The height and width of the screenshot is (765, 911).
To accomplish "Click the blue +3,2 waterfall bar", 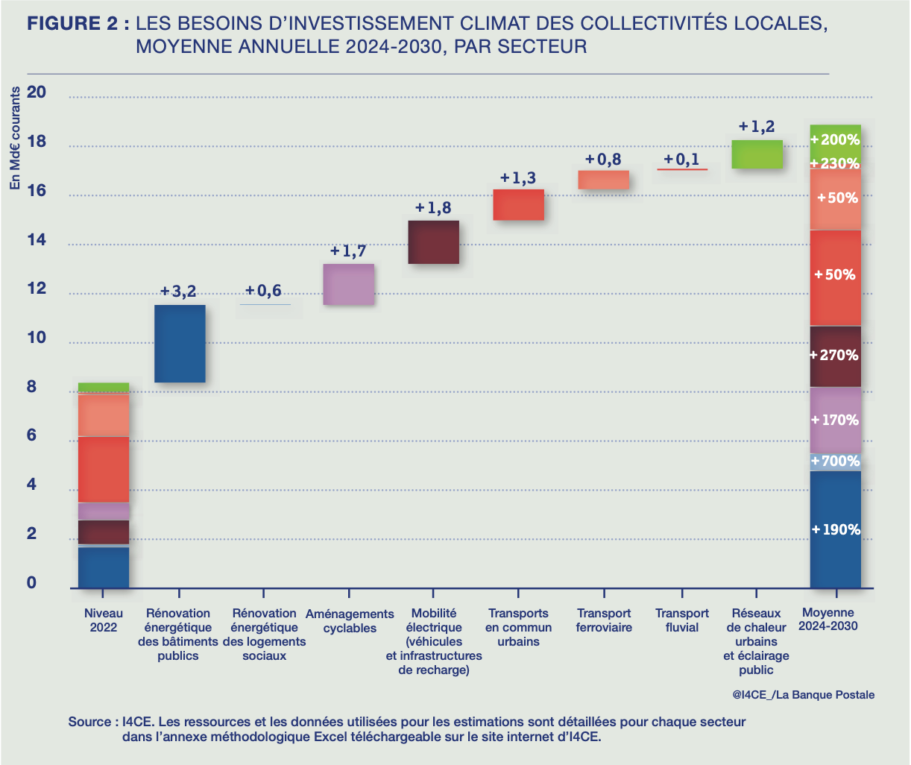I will pos(180,344).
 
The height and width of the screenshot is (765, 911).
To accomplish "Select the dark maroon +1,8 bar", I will pos(433,242).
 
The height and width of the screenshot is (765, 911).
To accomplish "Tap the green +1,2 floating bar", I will pos(757,154).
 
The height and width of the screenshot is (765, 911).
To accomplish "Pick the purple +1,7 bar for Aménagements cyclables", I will pos(348,284).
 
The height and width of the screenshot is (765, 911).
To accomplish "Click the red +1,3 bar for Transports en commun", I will pos(518,205).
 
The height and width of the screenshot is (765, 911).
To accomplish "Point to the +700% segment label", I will pos(835,462).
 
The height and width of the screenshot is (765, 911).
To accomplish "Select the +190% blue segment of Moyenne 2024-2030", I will pos(836,529).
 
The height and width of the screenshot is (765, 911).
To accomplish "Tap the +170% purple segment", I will pos(836,421).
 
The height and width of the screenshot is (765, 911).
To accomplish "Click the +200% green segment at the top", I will pos(836,139).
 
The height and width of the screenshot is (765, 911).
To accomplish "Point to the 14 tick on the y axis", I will pos(37,240).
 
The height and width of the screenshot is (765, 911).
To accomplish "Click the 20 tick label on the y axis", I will pos(37,92).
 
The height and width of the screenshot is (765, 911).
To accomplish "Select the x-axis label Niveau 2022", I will pos(104,620).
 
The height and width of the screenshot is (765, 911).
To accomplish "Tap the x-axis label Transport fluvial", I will pos(682,620).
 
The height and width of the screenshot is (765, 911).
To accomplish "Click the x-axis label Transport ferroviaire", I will pos(604,620).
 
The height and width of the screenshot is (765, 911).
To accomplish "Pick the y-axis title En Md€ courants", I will pos(15,139).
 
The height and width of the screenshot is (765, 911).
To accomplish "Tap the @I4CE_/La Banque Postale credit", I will pos(803,695).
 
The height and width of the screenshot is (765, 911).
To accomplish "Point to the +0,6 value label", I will pos(263,291).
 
